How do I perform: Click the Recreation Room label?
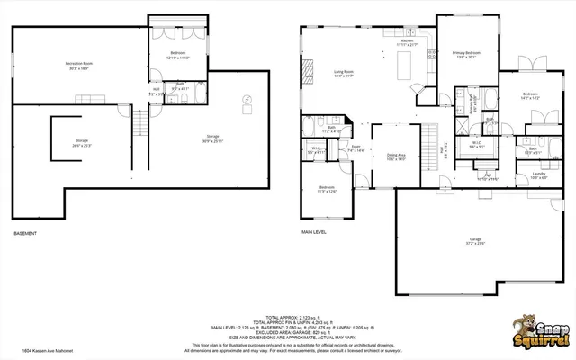(x=80, y=64)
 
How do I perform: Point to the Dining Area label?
(x=396, y=158)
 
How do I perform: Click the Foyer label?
(x=356, y=149)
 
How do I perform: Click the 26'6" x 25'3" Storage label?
(x=81, y=142)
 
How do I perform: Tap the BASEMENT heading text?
(x=25, y=234)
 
